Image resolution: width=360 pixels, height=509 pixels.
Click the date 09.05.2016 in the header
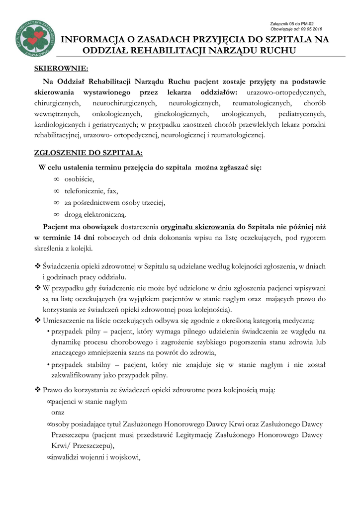click(x=312, y=29)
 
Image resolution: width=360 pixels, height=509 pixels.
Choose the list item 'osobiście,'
click(x=79, y=179)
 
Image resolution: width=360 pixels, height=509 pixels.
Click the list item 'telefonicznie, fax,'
click(x=91, y=190)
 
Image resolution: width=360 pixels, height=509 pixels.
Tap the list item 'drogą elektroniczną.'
click(x=95, y=214)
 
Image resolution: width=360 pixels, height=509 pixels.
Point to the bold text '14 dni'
click(x=83, y=238)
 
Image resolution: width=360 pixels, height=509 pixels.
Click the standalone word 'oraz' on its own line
click(x=58, y=413)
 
